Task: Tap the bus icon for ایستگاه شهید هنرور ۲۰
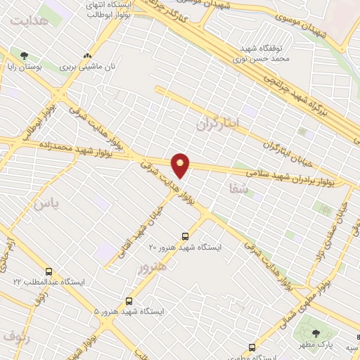pyautogui.click(x=186, y=236)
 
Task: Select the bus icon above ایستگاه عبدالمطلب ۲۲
pyautogui.click(x=49, y=271)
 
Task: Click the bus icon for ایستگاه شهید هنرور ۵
pyautogui.click(x=128, y=300)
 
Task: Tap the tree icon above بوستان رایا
pyautogui.click(x=25, y=55)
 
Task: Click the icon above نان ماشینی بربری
pyautogui.click(x=87, y=55)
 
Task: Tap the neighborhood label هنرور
pyautogui.click(x=153, y=266)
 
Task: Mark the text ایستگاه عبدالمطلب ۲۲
pyautogui.click(x=49, y=282)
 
